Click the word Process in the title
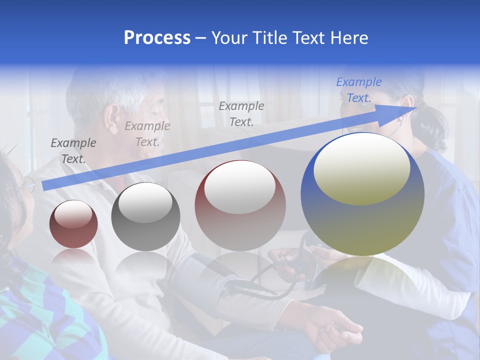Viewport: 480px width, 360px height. pos(157,38)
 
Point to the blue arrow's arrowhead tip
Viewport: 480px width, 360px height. pos(415,107)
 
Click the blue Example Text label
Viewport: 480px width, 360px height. pos(358,90)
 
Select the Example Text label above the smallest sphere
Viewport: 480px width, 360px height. pos(73,150)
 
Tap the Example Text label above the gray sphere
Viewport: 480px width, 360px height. pos(147,133)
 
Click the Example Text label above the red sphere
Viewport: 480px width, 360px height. pos(241,113)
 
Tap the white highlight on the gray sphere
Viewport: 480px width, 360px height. pos(145,202)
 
